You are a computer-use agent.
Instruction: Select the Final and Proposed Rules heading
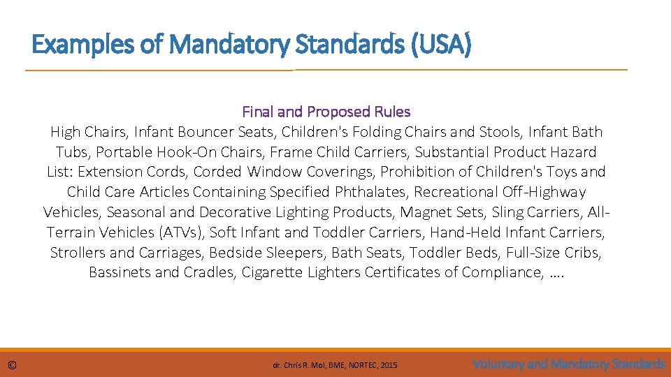[326, 112]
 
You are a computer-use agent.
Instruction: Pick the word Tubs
[73, 152]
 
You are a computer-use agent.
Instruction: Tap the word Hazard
[572, 152]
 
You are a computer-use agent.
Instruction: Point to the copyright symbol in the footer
[13, 365]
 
